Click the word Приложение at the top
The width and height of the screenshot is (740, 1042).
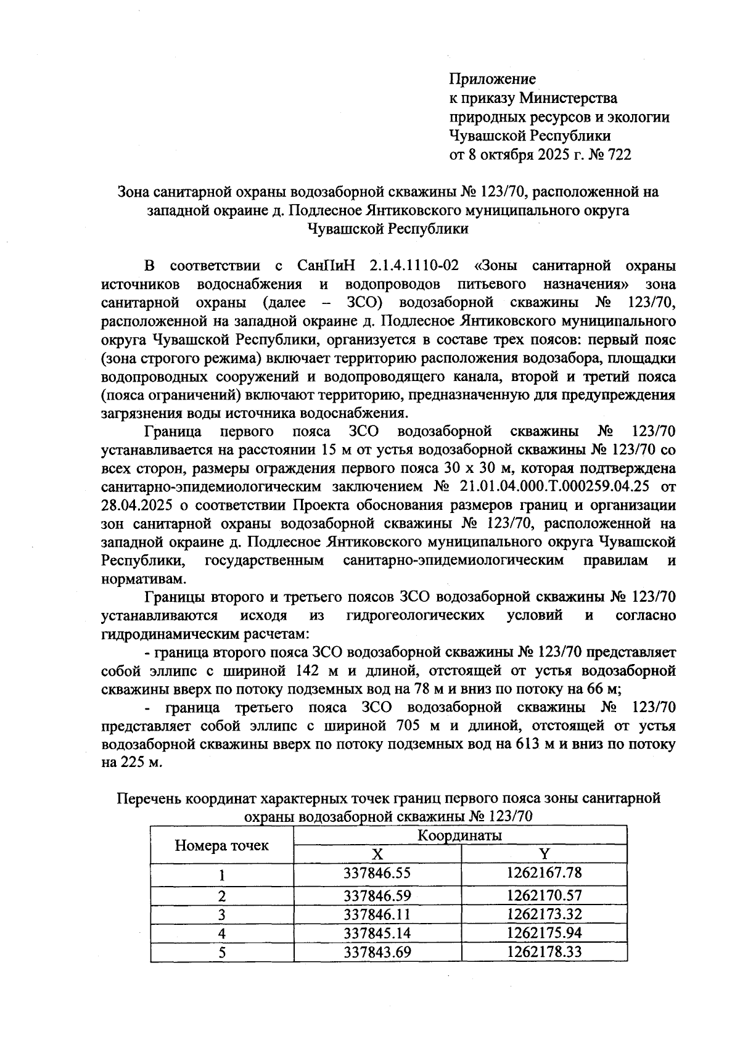492,79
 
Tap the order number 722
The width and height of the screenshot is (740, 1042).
619,154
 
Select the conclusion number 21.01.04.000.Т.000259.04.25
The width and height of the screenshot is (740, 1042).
551,486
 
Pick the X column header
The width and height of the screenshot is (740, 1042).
377,854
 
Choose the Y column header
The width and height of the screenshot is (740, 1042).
544,854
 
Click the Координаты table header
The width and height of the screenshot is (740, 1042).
459,835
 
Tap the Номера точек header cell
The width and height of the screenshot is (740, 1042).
222,845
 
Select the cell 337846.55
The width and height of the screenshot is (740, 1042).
377,873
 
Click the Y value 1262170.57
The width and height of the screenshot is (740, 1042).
544,895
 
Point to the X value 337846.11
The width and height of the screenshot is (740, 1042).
377,914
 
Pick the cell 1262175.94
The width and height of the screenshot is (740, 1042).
544,932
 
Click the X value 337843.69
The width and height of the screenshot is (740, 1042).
377,951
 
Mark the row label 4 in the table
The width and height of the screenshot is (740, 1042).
222,933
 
